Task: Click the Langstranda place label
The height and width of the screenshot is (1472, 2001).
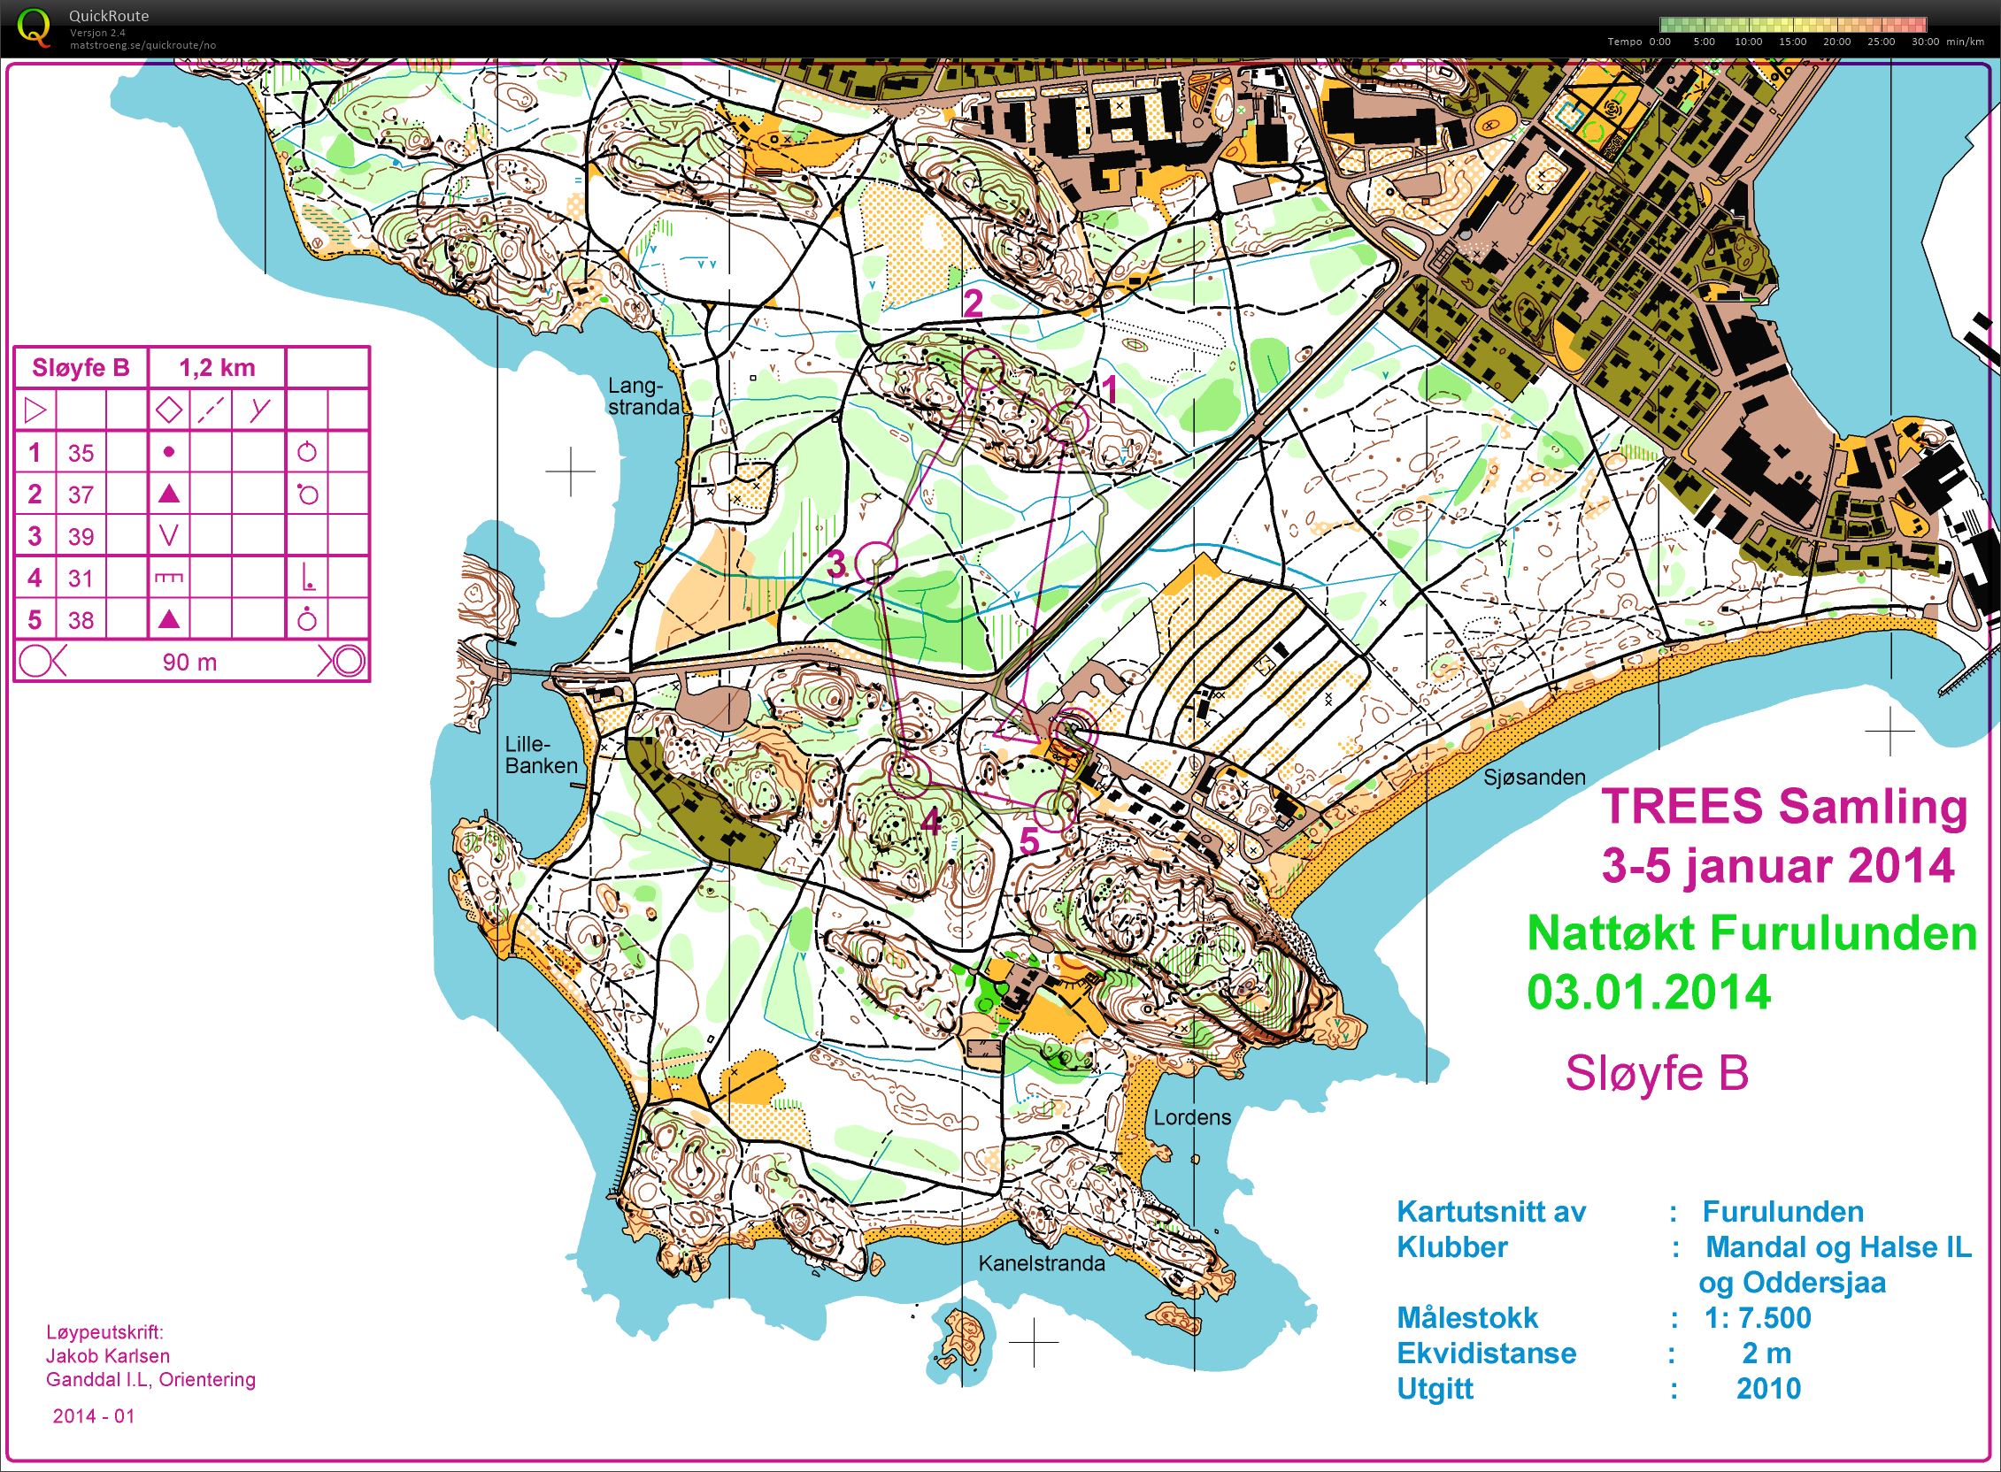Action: pyautogui.click(x=643, y=396)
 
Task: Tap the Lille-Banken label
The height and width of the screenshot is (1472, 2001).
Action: pyautogui.click(x=541, y=755)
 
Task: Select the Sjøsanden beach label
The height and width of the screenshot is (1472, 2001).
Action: pyautogui.click(x=1534, y=777)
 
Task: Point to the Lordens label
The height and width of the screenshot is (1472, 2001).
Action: pyautogui.click(x=1192, y=1117)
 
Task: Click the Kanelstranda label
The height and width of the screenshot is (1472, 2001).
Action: pyautogui.click(x=1041, y=1262)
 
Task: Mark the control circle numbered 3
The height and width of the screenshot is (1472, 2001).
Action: pyautogui.click(x=875, y=563)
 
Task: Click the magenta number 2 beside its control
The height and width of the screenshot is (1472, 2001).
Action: pyautogui.click(x=973, y=303)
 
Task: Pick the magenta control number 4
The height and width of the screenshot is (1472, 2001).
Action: pyautogui.click(x=930, y=822)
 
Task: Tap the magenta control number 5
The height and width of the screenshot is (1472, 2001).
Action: pyautogui.click(x=1028, y=840)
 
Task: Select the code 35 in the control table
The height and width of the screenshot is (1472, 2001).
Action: pyautogui.click(x=81, y=453)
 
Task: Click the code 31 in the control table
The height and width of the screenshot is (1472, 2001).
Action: pyautogui.click(x=81, y=579)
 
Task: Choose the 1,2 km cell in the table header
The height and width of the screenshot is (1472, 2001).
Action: pyautogui.click(x=217, y=367)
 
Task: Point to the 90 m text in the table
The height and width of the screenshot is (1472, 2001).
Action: pyautogui.click(x=189, y=662)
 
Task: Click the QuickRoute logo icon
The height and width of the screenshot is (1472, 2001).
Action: pyautogui.click(x=34, y=27)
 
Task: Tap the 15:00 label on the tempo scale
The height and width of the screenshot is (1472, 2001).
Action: pyautogui.click(x=1791, y=42)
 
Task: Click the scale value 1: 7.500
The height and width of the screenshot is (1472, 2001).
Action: pyautogui.click(x=1757, y=1317)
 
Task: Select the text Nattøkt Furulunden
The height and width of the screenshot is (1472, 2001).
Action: pyautogui.click(x=1751, y=934)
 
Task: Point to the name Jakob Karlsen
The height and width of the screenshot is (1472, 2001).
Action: pyautogui.click(x=107, y=1355)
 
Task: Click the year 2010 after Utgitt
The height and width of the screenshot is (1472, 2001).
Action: pyautogui.click(x=1768, y=1388)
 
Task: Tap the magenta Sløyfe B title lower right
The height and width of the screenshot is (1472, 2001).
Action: pyautogui.click(x=1656, y=1073)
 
